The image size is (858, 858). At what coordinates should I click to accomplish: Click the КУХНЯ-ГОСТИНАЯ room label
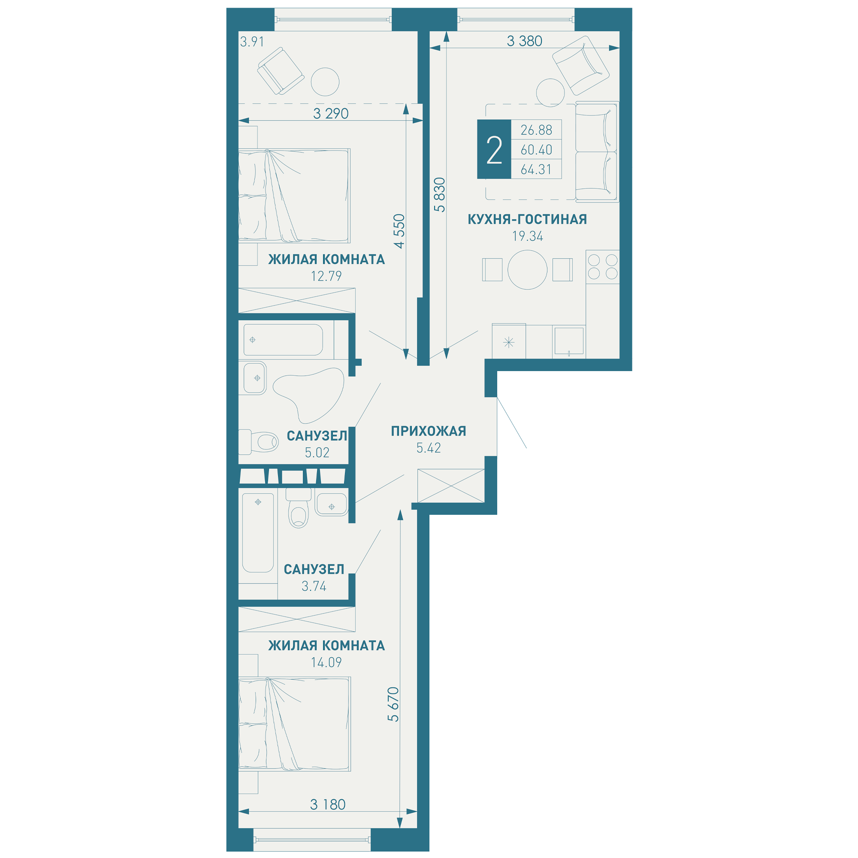click(527, 219)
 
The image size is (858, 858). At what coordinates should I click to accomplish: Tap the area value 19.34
click(528, 236)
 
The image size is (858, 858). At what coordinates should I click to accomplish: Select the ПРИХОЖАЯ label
click(429, 431)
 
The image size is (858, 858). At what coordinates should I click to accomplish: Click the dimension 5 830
click(440, 194)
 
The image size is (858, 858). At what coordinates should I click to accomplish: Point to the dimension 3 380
click(525, 41)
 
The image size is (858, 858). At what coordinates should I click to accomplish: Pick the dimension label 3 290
click(331, 114)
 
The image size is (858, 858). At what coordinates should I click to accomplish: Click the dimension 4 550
click(400, 231)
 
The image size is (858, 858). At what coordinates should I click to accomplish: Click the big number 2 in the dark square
click(494, 150)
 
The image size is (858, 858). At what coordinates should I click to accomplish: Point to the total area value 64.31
click(536, 169)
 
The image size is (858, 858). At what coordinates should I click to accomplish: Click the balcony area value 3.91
click(252, 42)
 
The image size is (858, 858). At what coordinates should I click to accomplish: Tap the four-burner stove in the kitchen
click(603, 266)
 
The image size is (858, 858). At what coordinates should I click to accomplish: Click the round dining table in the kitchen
click(527, 269)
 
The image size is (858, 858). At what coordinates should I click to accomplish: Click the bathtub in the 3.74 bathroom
click(258, 533)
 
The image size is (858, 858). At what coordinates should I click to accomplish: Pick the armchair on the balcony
click(281, 71)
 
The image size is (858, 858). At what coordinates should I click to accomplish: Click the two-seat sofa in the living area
click(597, 152)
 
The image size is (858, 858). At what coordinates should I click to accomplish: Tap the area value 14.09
click(326, 663)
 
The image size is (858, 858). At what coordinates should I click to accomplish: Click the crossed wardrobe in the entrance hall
click(451, 486)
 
